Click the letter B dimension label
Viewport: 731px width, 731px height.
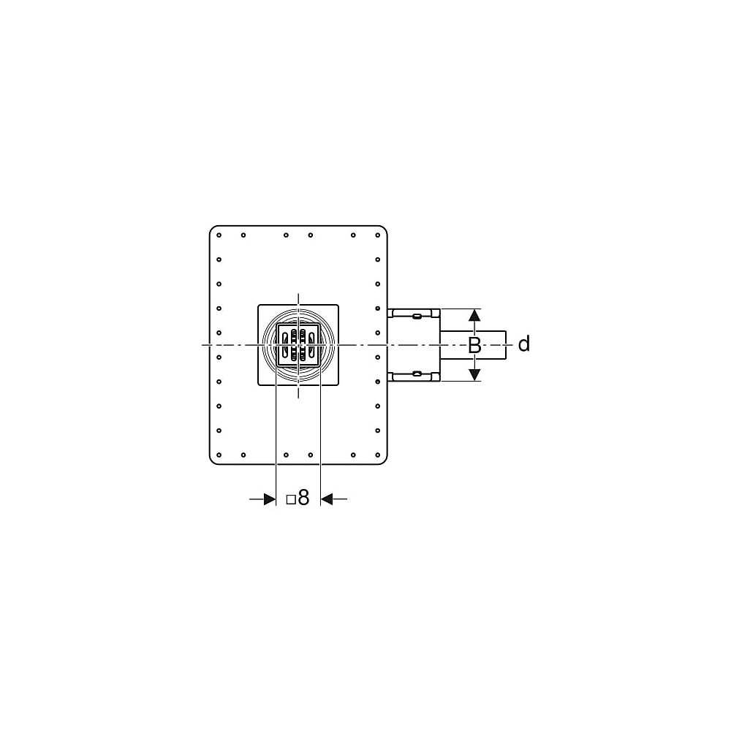pyautogui.click(x=474, y=346)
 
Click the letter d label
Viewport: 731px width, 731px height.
pyautogui.click(x=524, y=344)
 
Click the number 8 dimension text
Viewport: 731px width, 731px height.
pyautogui.click(x=303, y=498)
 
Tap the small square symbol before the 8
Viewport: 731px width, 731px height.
pyautogui.click(x=291, y=500)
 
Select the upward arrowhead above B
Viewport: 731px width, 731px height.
pyautogui.click(x=474, y=315)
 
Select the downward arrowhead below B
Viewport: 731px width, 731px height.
pyautogui.click(x=474, y=374)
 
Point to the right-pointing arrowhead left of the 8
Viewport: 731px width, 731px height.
pyautogui.click(x=270, y=499)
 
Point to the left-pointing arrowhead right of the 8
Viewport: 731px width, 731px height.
pyautogui.click(x=327, y=499)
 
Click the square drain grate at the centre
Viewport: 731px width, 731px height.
pyautogui.click(x=298, y=345)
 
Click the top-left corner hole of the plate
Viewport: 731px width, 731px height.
pyautogui.click(x=219, y=235)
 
